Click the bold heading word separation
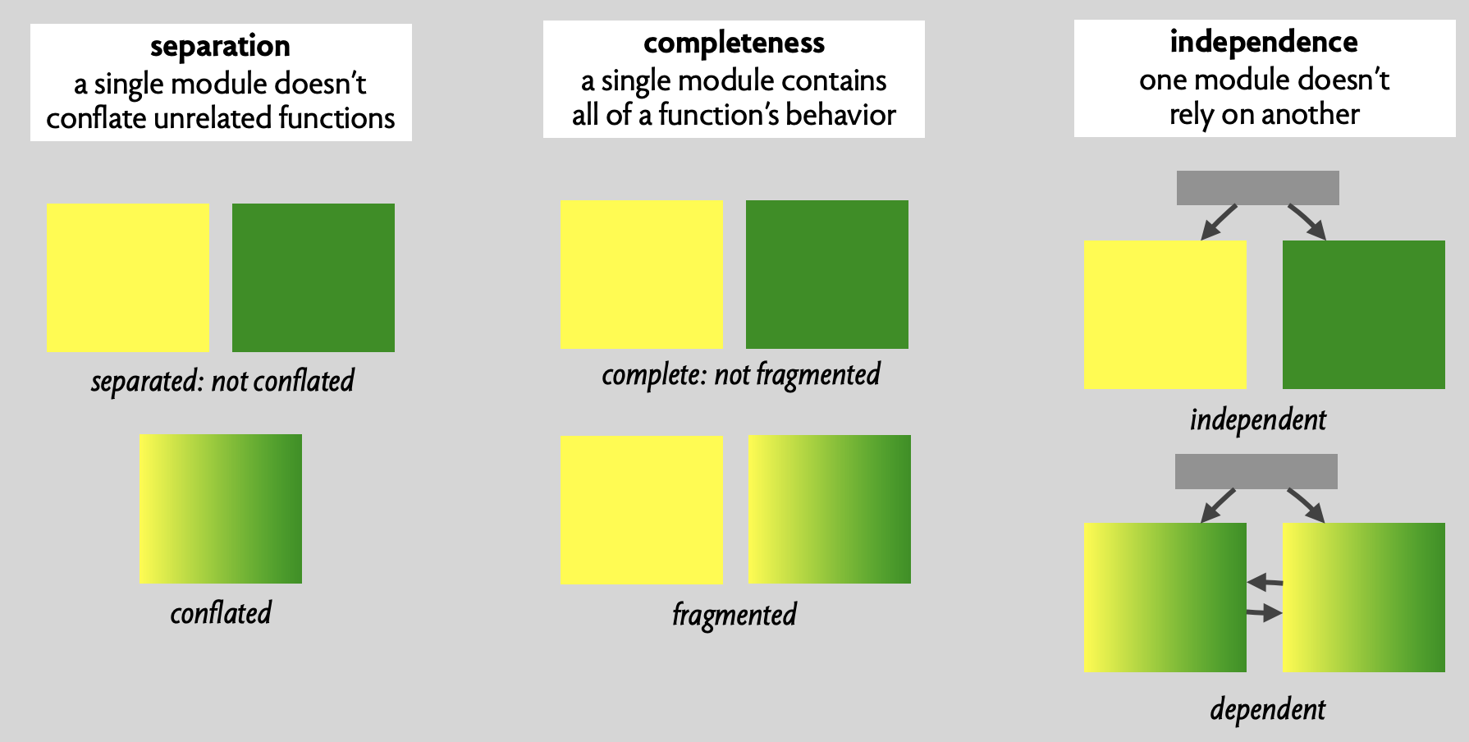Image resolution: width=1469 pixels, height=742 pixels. pos(220,47)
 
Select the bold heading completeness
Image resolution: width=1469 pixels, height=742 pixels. pos(734,43)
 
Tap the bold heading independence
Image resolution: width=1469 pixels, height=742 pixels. pos(1264,42)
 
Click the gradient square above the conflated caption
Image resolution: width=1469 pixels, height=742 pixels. pos(221,509)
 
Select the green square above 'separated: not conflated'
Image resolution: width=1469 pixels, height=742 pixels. pos(313,277)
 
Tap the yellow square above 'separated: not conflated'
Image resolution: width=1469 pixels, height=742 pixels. pos(128,277)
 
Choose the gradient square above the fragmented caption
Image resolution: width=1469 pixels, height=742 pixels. pos(830,509)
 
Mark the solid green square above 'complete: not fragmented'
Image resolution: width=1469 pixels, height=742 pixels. pos(827,274)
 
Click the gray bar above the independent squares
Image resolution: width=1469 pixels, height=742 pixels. pos(1258,188)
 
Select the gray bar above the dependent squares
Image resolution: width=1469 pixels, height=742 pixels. pos(1256,471)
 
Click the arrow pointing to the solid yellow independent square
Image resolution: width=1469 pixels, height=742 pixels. pos(1219,222)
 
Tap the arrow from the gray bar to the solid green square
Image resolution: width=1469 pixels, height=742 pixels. pos(1307,222)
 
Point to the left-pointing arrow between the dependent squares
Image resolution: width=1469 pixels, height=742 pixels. pos(1265,582)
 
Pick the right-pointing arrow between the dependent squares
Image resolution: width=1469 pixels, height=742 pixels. pos(1265,612)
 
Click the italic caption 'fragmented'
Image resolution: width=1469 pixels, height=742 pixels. pos(734,615)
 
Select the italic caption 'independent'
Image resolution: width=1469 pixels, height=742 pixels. pos(1258,419)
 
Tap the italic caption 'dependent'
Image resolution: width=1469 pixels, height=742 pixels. pos(1268,709)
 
